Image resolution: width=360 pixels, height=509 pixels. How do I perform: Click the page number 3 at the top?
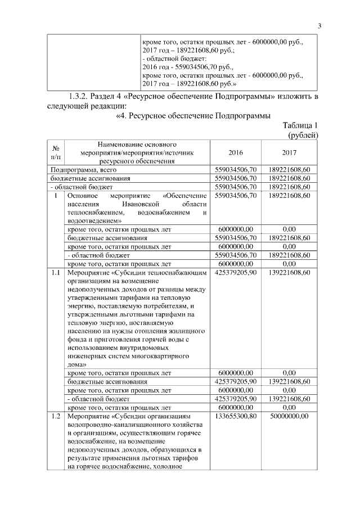click(319, 25)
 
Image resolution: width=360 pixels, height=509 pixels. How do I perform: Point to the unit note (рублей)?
click(303, 135)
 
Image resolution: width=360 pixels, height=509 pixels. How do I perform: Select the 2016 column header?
click(236, 152)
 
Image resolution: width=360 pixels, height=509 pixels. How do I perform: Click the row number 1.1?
click(55, 272)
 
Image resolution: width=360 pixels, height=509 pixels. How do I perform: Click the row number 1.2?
click(55, 416)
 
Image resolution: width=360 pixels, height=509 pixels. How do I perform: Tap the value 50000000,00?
click(290, 416)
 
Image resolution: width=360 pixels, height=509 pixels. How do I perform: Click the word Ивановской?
click(133, 204)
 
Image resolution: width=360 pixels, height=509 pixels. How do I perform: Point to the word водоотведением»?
click(94, 221)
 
